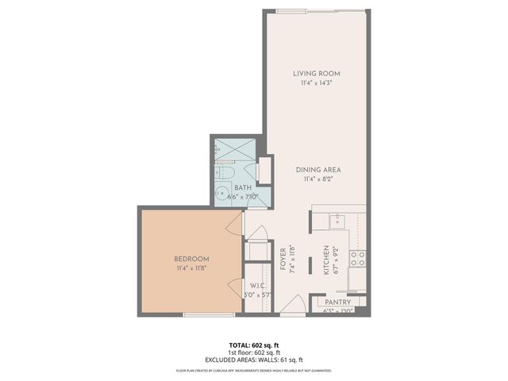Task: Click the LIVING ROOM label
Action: [x=315, y=74]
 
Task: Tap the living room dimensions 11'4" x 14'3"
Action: [x=315, y=83]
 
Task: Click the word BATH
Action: [x=242, y=188]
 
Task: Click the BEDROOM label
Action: [x=191, y=259]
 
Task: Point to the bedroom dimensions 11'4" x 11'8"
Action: [x=191, y=267]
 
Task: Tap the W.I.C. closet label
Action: [x=256, y=287]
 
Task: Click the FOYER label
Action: [x=284, y=260]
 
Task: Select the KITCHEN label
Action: [x=325, y=260]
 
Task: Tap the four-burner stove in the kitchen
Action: [x=358, y=257]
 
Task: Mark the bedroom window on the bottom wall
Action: [x=208, y=314]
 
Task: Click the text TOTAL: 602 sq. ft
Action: [x=254, y=345]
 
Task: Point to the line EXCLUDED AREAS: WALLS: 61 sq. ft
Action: [x=254, y=360]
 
